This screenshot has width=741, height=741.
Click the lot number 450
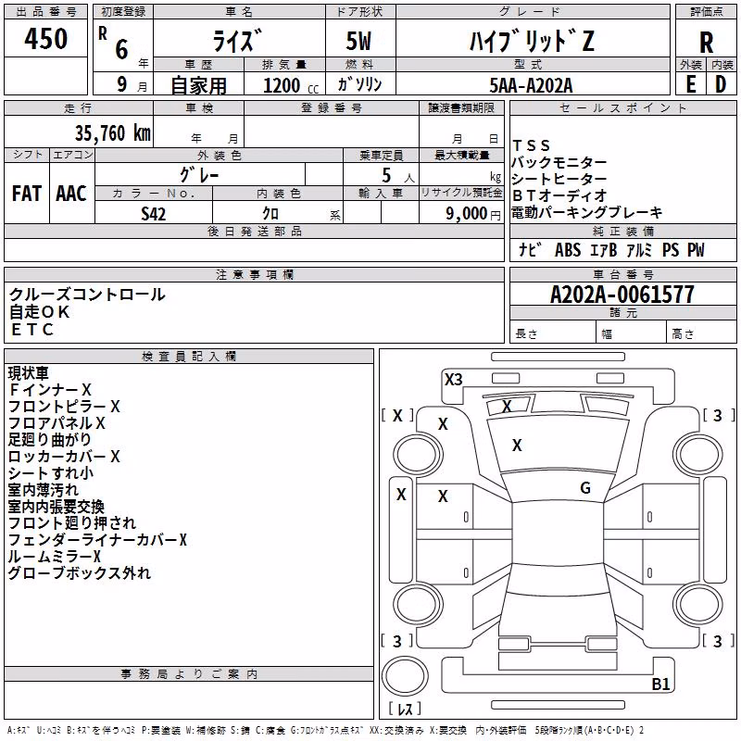tap(45, 38)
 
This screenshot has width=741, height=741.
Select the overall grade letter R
tap(706, 43)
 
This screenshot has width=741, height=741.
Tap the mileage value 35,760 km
tap(112, 133)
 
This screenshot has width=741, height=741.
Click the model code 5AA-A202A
tap(531, 85)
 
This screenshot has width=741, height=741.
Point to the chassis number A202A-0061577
tap(622, 295)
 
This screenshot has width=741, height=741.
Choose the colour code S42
tap(153, 214)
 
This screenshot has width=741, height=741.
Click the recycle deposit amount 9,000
tap(466, 214)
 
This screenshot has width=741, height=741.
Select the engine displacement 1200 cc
tap(291, 85)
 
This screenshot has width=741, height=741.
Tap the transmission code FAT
tap(27, 194)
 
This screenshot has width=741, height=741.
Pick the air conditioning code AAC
tap(71, 194)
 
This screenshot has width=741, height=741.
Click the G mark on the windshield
tap(585, 488)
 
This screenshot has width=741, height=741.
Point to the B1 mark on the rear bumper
tap(660, 684)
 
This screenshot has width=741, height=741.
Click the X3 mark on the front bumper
tap(453, 380)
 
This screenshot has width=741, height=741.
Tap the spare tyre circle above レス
tap(405, 676)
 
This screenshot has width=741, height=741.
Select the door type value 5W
tap(358, 41)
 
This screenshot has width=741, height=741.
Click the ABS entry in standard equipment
tap(568, 250)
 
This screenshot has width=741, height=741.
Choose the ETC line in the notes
tap(32, 330)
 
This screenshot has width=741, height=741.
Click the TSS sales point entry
tap(531, 145)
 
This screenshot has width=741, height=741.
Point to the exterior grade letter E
tap(690, 84)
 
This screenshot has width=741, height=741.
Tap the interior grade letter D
tap(721, 84)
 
